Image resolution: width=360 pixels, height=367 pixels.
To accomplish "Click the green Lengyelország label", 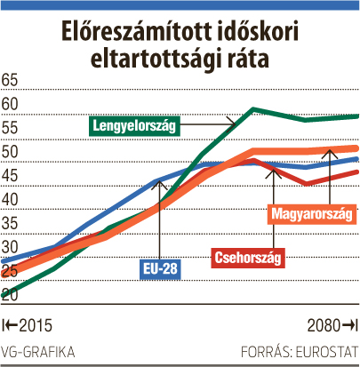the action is [134, 125].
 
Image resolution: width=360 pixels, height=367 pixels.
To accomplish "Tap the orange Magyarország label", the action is [312, 214].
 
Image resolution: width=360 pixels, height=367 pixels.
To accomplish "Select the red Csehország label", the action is [248, 258].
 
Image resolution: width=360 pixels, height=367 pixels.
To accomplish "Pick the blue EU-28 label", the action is [160, 269].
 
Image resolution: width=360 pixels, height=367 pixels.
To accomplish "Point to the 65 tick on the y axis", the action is [10, 80].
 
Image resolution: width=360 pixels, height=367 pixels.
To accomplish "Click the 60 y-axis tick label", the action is [10, 104].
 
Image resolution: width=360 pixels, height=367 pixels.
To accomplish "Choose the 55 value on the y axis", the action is [10, 128].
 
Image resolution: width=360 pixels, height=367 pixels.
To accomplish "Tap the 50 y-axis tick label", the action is [10, 152].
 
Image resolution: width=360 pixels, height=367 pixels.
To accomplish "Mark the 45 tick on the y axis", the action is [10, 176].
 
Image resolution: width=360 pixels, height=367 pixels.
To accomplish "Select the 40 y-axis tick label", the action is [10, 200].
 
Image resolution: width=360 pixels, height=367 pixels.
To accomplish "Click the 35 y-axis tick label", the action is [10, 223].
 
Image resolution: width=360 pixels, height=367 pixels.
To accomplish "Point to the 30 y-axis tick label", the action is [10, 247].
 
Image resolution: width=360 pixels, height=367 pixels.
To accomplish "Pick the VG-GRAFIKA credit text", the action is [38, 352].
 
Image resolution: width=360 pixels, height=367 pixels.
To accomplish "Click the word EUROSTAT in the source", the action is [327, 352].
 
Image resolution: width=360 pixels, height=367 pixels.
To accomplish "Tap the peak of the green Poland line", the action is [252, 109].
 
